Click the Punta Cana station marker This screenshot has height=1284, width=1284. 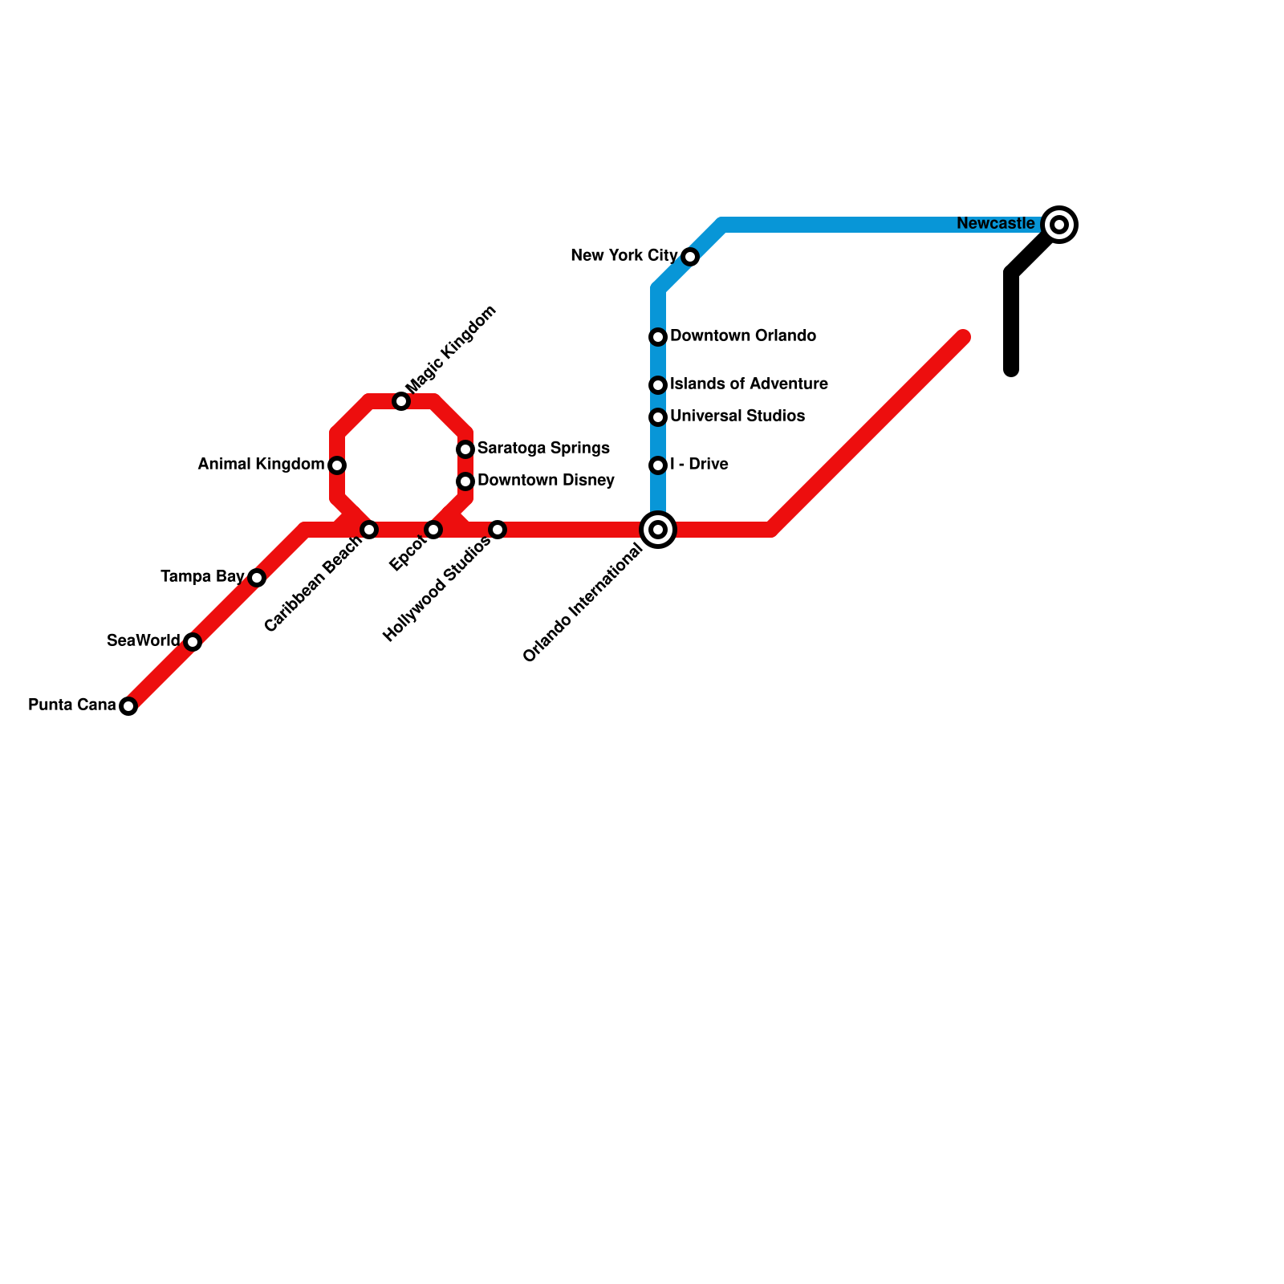click(128, 706)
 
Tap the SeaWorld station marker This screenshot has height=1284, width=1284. click(193, 642)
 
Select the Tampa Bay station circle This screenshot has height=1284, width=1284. click(257, 578)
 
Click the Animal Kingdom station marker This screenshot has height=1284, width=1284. click(337, 465)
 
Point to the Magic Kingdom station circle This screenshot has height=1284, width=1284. click(401, 401)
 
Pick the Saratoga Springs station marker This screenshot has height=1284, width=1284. click(465, 449)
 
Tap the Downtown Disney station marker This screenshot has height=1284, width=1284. click(465, 481)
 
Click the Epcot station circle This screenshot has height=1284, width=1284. click(433, 530)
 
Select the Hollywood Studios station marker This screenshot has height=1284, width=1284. click(498, 530)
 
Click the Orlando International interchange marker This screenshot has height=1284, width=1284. click(658, 530)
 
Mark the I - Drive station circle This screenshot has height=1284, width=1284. click(658, 465)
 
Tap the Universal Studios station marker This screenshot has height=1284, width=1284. click(658, 417)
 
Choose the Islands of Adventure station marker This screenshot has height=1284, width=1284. click(658, 385)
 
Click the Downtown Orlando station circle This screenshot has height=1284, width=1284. click(658, 337)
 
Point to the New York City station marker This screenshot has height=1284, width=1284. click(690, 257)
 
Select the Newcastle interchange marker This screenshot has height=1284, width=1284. click(1059, 225)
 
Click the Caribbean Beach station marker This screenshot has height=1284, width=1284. click(369, 530)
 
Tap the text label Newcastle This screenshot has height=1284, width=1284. click(995, 224)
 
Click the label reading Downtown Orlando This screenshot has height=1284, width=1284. click(743, 336)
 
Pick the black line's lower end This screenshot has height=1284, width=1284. click(1012, 370)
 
